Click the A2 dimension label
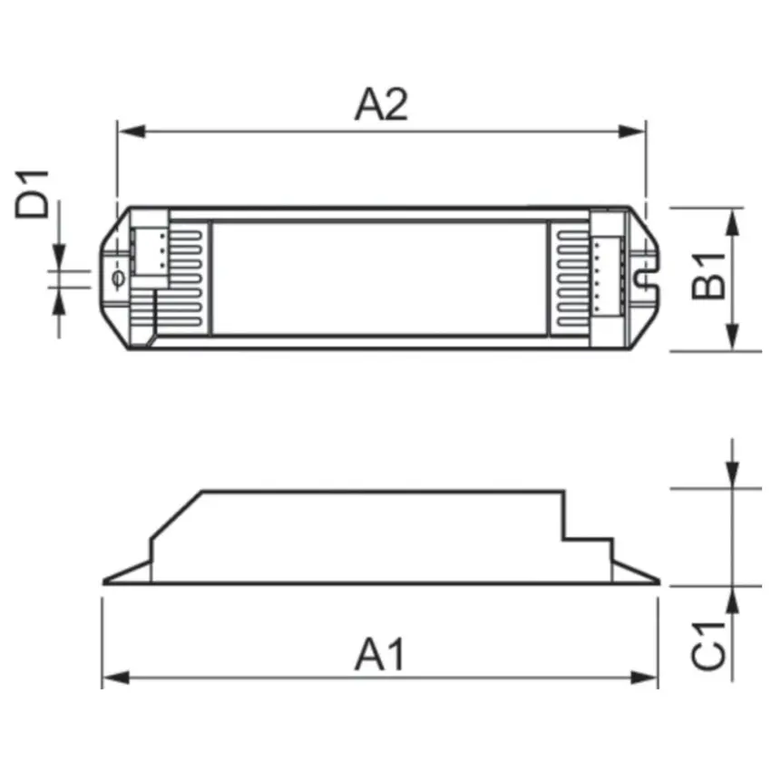(x=381, y=105)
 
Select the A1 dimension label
(x=380, y=654)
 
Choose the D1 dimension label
(x=34, y=191)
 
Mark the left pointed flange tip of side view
(x=105, y=582)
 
